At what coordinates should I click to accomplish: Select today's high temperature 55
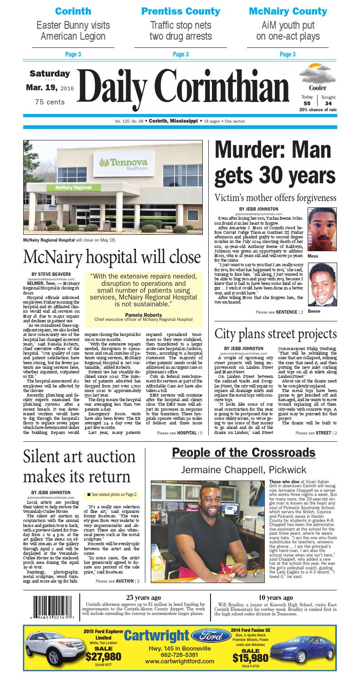[307, 103]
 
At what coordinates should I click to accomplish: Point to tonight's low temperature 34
[328, 103]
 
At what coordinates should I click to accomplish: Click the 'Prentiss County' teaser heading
[180, 11]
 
